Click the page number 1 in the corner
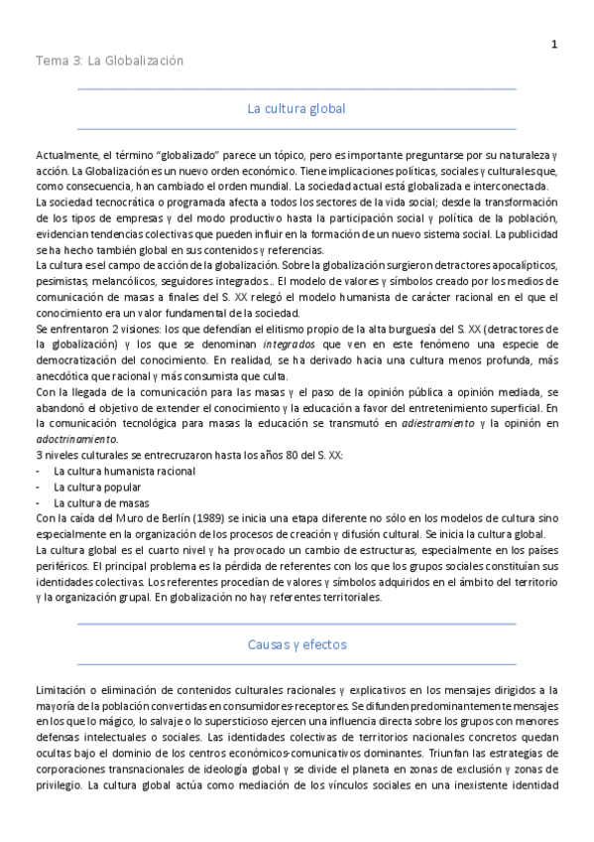click(554, 44)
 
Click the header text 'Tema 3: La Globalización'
click(109, 61)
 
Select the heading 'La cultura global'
click(297, 108)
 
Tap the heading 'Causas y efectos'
click(297, 644)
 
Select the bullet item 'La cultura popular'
click(96, 488)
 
